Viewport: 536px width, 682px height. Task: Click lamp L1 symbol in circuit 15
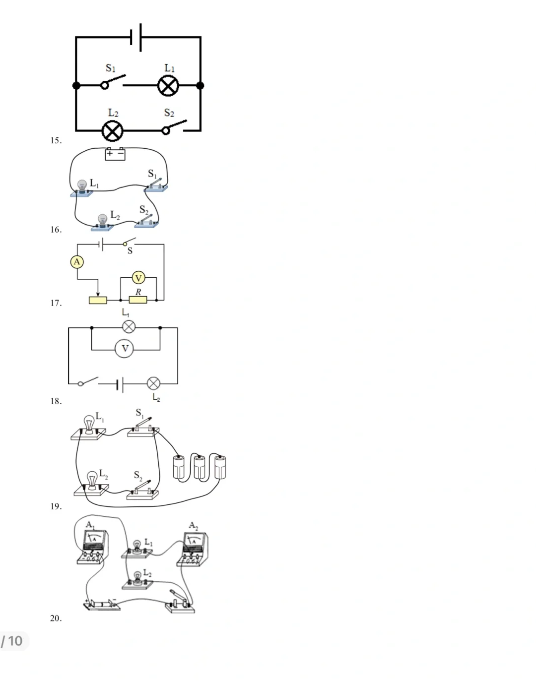click(168, 86)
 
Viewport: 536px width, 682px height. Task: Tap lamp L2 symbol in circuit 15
click(112, 131)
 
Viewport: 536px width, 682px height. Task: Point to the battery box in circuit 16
click(115, 154)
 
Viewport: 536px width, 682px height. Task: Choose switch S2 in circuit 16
click(146, 220)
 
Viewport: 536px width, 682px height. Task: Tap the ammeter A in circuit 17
click(76, 262)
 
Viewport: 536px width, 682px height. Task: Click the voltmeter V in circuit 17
click(138, 278)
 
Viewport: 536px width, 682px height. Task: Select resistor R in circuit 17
click(138, 300)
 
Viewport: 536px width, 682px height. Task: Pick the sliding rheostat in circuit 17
click(98, 300)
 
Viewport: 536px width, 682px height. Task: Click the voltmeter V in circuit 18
click(125, 349)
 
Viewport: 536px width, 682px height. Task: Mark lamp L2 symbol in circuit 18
click(154, 383)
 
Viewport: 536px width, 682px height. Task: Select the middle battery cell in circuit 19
click(200, 466)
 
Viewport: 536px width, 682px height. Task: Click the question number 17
click(56, 303)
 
